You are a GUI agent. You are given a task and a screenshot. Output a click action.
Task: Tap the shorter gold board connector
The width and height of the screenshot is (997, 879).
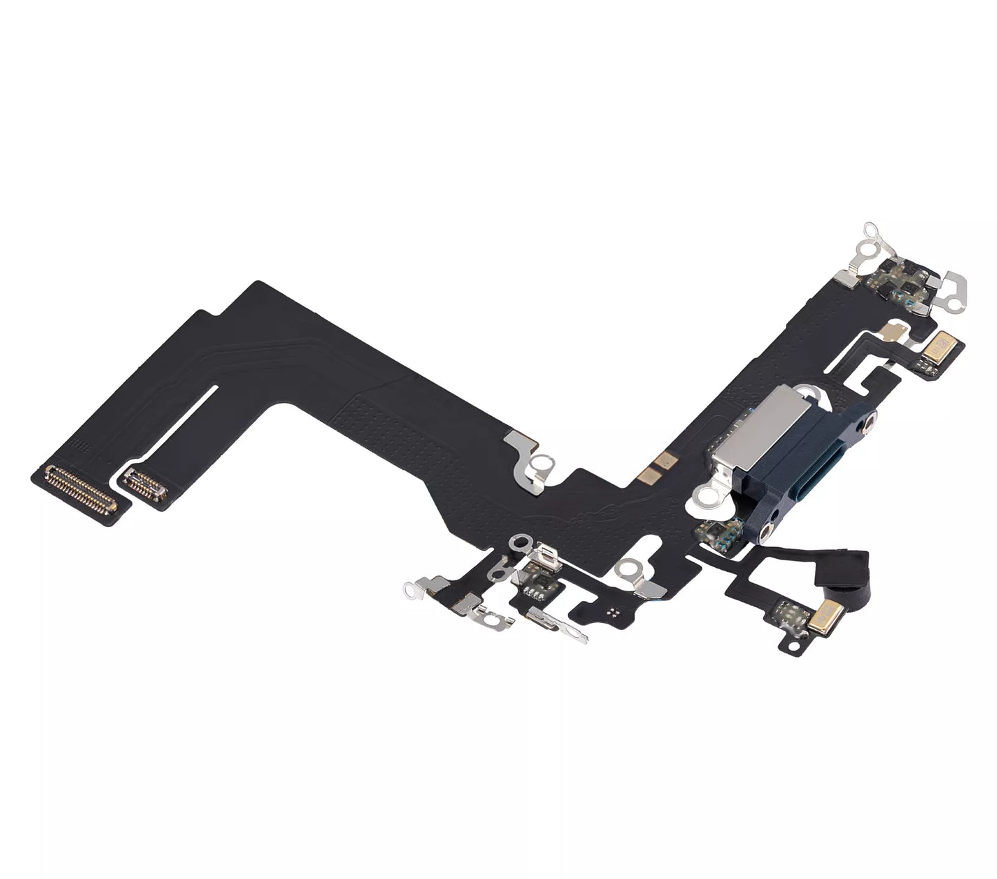(x=146, y=480)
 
